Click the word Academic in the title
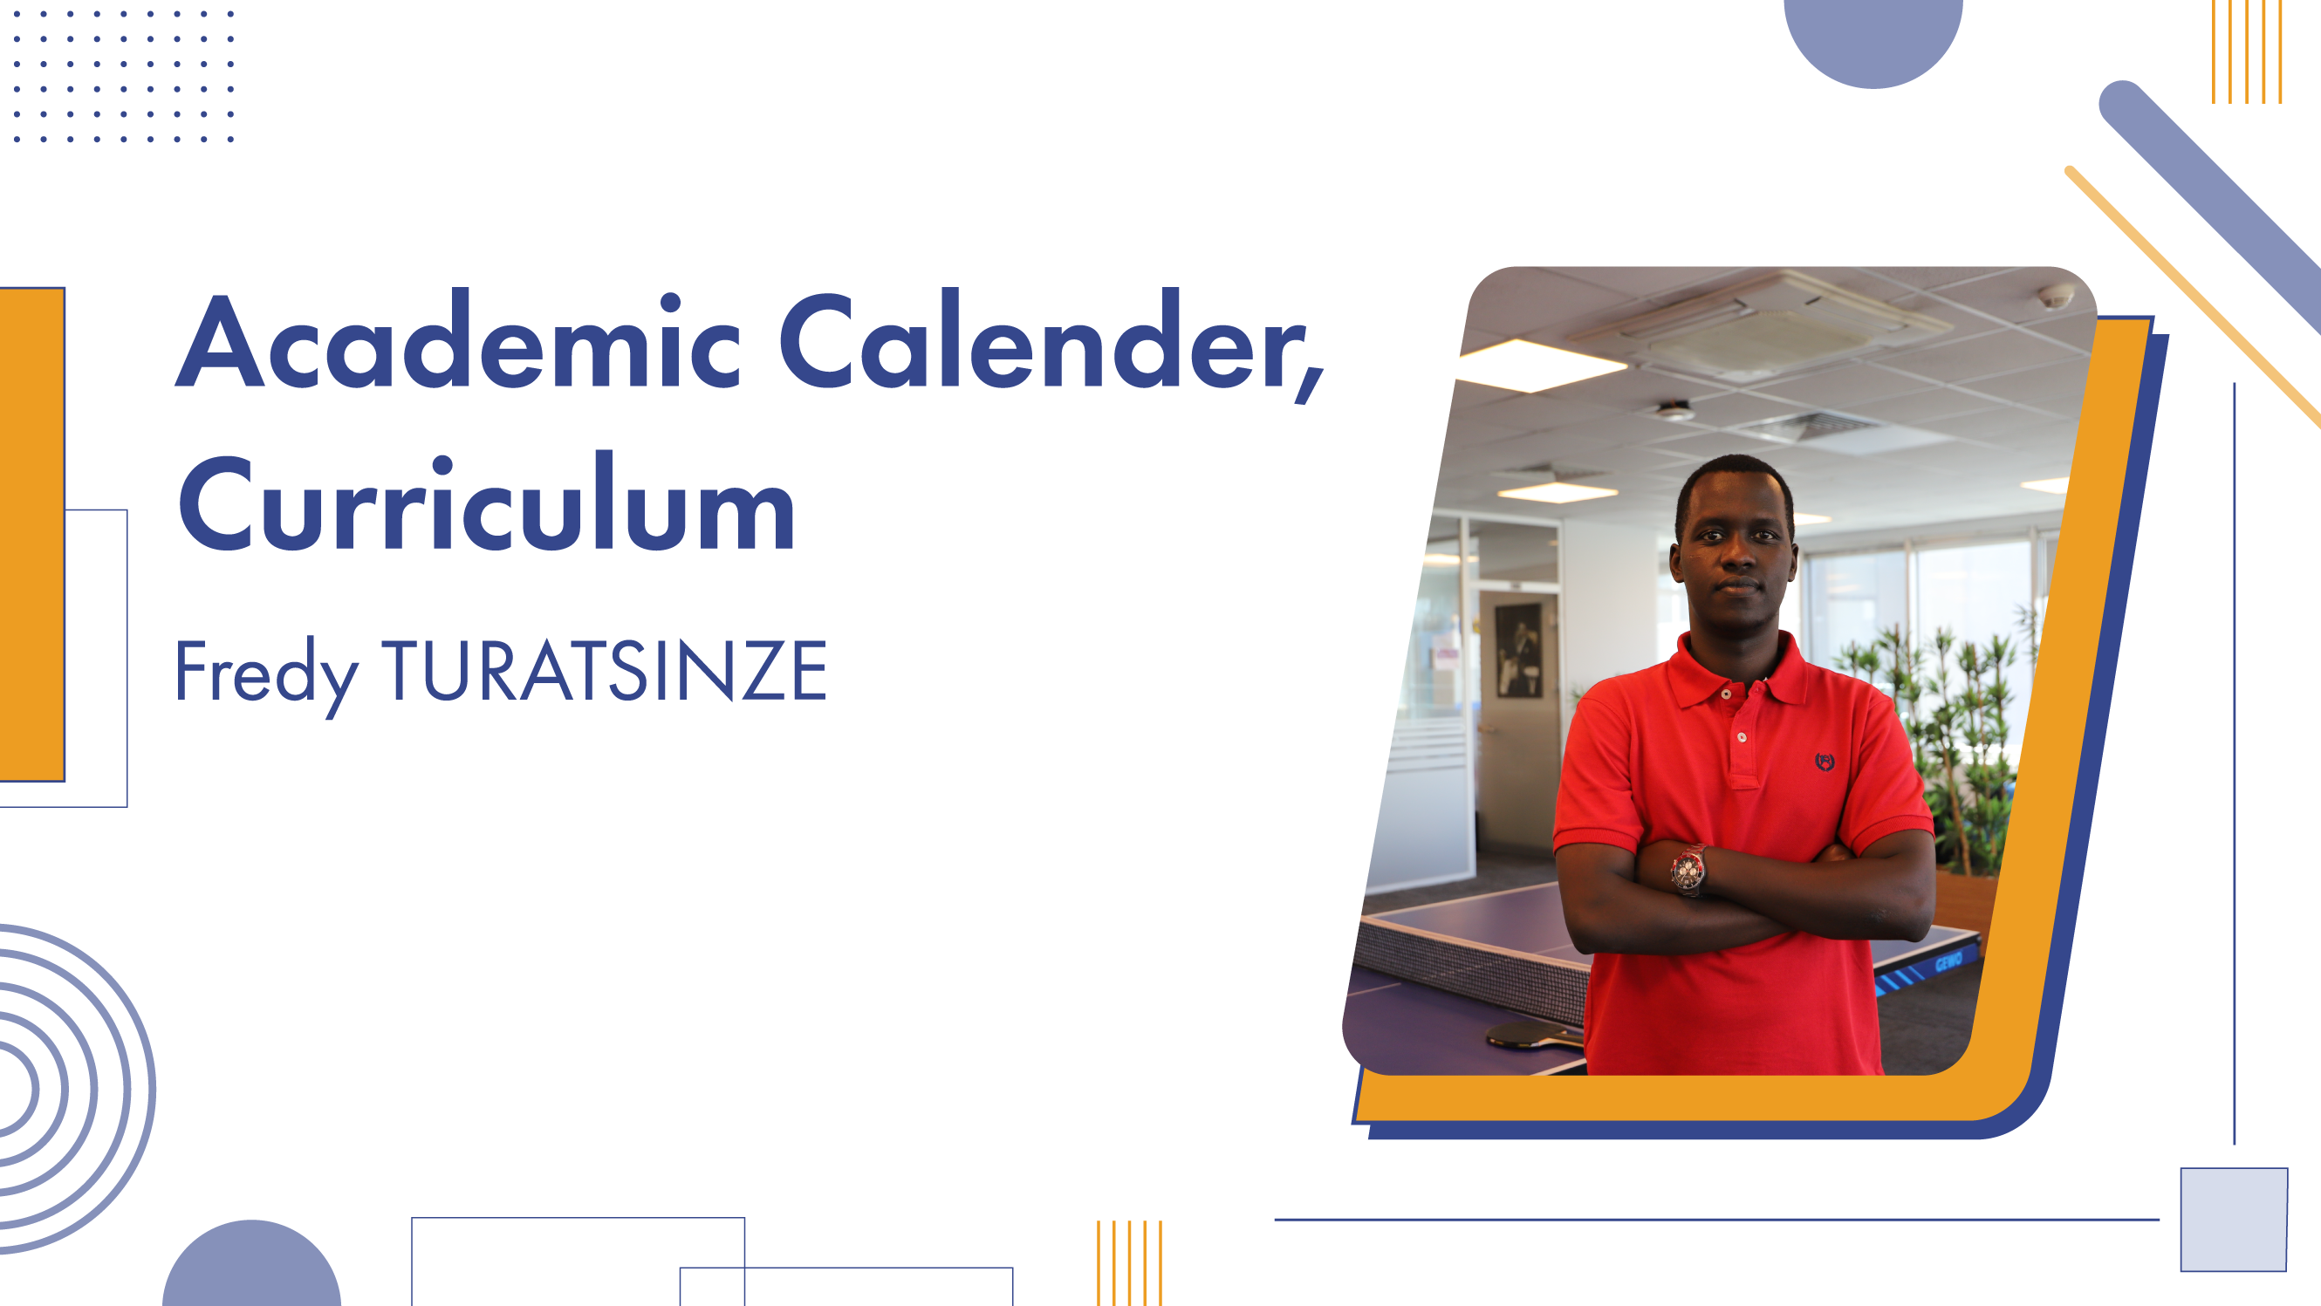pyautogui.click(x=458, y=339)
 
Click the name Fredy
pyautogui.click(x=267, y=674)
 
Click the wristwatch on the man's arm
pyautogui.click(x=1688, y=870)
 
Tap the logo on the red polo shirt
pyautogui.click(x=1825, y=762)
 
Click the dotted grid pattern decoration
pyautogui.click(x=123, y=77)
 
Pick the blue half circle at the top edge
pyautogui.click(x=1873, y=40)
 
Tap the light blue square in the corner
pyautogui.click(x=2234, y=1220)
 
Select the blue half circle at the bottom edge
pyautogui.click(x=251, y=1266)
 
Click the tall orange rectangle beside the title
pyautogui.click(x=32, y=534)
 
